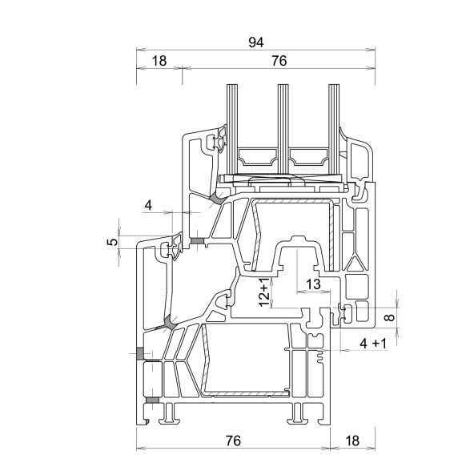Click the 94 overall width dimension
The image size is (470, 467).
pos(256,42)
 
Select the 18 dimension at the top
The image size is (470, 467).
pos(159,61)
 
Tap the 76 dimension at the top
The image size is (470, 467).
pos(279,61)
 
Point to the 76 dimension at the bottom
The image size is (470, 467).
pos(233,441)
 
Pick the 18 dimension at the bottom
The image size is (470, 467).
pos(352,441)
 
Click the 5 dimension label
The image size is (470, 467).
pos(113,242)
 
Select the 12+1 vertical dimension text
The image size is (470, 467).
pos(264,292)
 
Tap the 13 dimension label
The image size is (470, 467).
pos(313,284)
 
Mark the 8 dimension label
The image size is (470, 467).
pos(389,317)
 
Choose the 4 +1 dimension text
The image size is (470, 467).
pos(373,344)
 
